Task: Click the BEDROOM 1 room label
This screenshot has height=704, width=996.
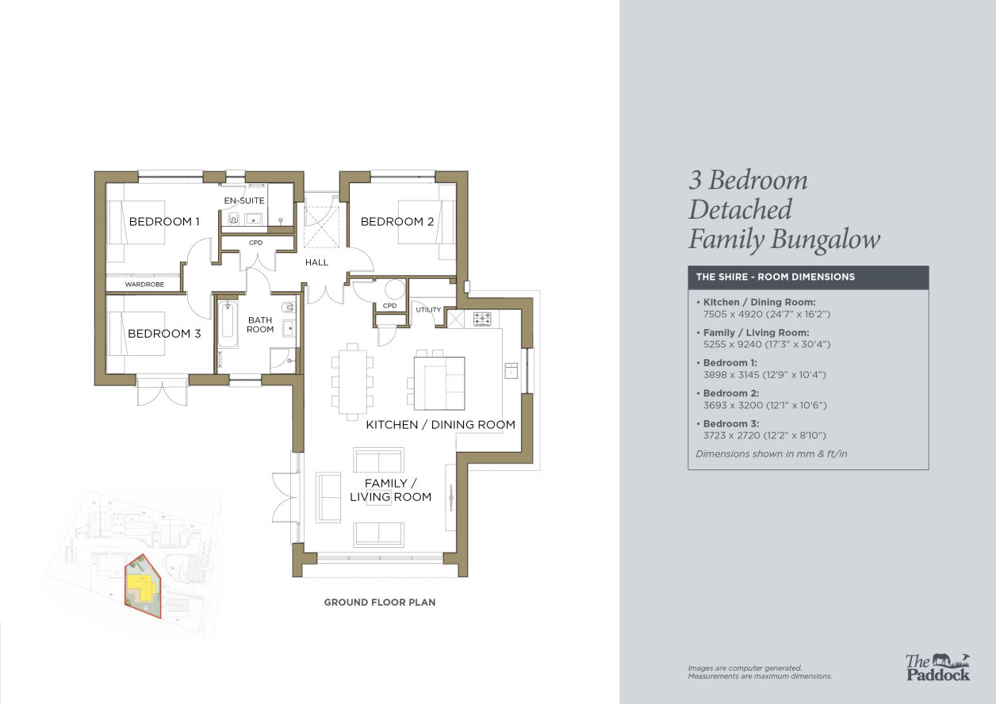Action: pyautogui.click(x=164, y=221)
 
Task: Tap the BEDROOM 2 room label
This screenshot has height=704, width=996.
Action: pyautogui.click(x=397, y=221)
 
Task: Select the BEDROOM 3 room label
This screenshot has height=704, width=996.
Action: pyautogui.click(x=164, y=333)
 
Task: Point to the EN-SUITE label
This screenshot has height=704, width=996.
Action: pyautogui.click(x=244, y=201)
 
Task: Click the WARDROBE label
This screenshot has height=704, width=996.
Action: pyautogui.click(x=144, y=284)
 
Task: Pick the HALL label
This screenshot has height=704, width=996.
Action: pyautogui.click(x=316, y=262)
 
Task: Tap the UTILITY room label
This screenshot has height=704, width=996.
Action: pyautogui.click(x=428, y=309)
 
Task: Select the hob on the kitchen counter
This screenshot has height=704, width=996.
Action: pyautogui.click(x=482, y=319)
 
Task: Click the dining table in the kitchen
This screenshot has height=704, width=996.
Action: pyautogui.click(x=352, y=382)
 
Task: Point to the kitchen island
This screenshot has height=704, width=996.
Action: pyautogui.click(x=439, y=383)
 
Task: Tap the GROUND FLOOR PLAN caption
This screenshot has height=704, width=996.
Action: pyautogui.click(x=380, y=603)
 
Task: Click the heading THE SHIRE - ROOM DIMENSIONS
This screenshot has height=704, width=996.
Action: pyautogui.click(x=776, y=277)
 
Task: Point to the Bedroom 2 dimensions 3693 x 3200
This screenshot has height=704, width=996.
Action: pyautogui.click(x=764, y=405)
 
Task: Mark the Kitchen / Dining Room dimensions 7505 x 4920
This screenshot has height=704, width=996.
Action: pyautogui.click(x=767, y=314)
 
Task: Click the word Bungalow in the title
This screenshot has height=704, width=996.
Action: pyautogui.click(x=825, y=240)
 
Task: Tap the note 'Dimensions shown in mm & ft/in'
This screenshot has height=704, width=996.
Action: pyautogui.click(x=772, y=453)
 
